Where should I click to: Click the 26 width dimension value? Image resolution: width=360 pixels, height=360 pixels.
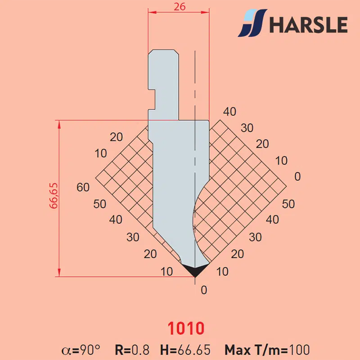(x=179, y=7)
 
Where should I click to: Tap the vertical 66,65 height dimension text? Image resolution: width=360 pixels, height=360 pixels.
(x=54, y=196)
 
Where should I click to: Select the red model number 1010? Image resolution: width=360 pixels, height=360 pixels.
(x=186, y=328)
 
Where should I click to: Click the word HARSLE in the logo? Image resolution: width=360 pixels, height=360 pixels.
(x=308, y=25)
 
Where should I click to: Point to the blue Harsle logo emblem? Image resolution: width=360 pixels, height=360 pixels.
(x=252, y=23)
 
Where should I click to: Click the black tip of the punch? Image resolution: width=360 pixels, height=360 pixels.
(x=195, y=270)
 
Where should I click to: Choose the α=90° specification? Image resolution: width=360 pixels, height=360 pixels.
(x=81, y=350)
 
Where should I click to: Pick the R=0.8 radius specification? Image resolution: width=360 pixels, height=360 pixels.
(x=132, y=350)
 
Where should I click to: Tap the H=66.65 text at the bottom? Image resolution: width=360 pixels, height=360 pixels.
(x=185, y=350)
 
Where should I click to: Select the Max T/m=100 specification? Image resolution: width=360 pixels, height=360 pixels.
(x=267, y=350)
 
